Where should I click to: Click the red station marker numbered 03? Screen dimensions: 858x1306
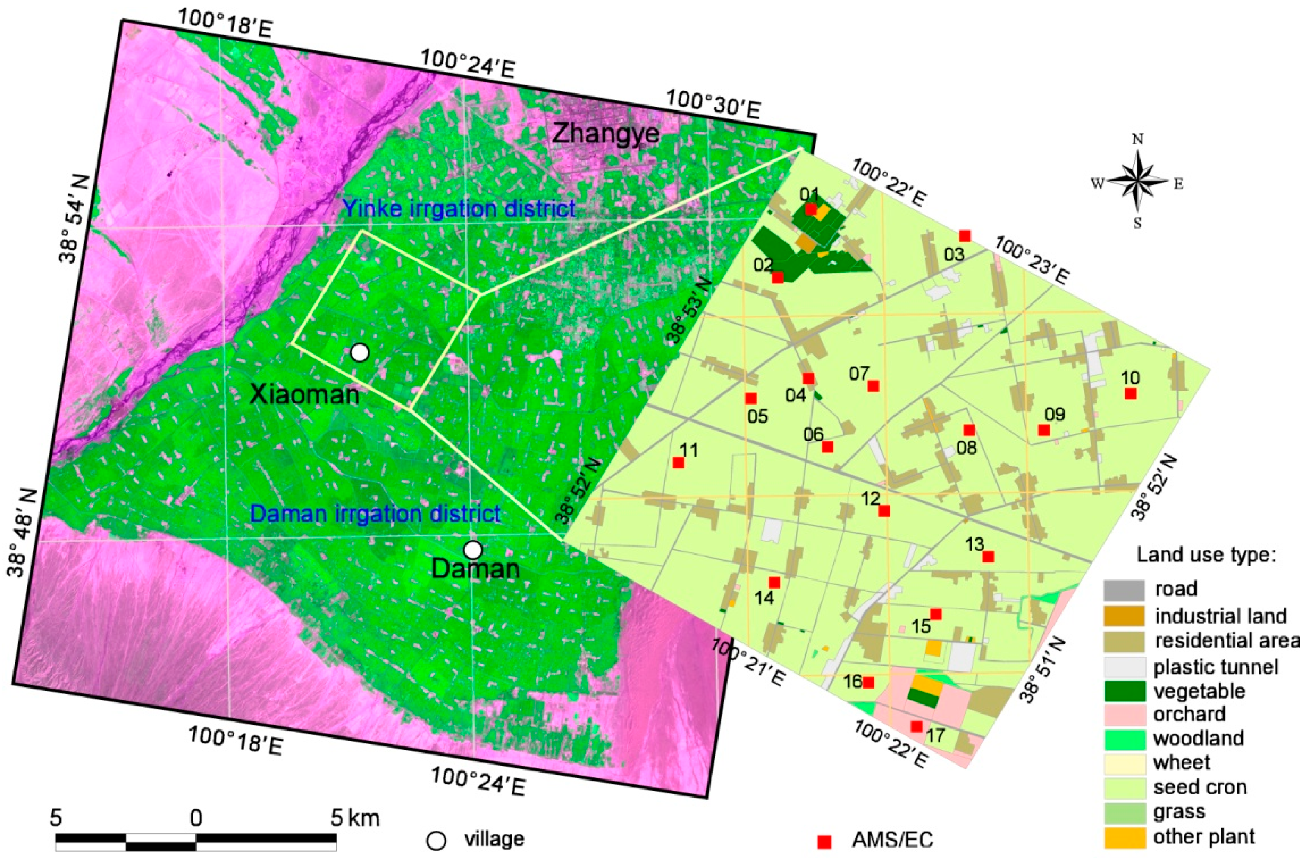point(965,236)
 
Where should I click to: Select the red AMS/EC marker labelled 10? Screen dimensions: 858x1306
point(1130,393)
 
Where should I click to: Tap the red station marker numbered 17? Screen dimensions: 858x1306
point(916,726)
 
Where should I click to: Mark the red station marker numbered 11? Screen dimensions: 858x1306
point(678,463)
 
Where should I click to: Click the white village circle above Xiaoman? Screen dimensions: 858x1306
point(359,352)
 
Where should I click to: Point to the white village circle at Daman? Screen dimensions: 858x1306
point(473,549)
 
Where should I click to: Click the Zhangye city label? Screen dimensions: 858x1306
point(605,133)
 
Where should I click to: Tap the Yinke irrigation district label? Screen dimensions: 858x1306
point(459,209)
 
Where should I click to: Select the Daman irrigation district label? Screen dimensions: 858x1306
point(376,514)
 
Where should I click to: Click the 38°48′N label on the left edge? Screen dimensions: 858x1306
point(22,534)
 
